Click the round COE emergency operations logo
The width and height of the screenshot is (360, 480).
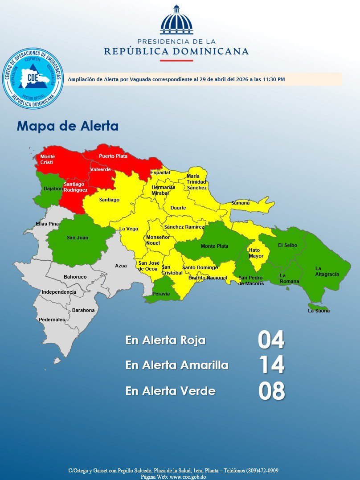[33, 78]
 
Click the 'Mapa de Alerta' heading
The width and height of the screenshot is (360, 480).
[68, 126]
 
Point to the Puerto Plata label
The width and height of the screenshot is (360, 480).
[113, 156]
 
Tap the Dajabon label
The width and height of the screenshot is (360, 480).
[53, 189]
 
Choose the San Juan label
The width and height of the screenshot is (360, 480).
[78, 238]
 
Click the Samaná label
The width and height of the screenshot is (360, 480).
[240, 203]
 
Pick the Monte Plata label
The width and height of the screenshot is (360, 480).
[214, 246]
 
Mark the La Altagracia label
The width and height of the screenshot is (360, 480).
[327, 271]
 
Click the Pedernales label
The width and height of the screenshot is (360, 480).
[52, 320]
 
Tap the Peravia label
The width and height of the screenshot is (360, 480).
[161, 294]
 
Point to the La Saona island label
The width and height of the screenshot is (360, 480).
[319, 311]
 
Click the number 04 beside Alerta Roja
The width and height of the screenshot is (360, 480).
[271, 340]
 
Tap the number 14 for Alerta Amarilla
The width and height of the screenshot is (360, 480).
[271, 365]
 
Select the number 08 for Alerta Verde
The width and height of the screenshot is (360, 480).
[271, 391]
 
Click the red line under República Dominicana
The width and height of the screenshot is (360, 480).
[176, 61]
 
